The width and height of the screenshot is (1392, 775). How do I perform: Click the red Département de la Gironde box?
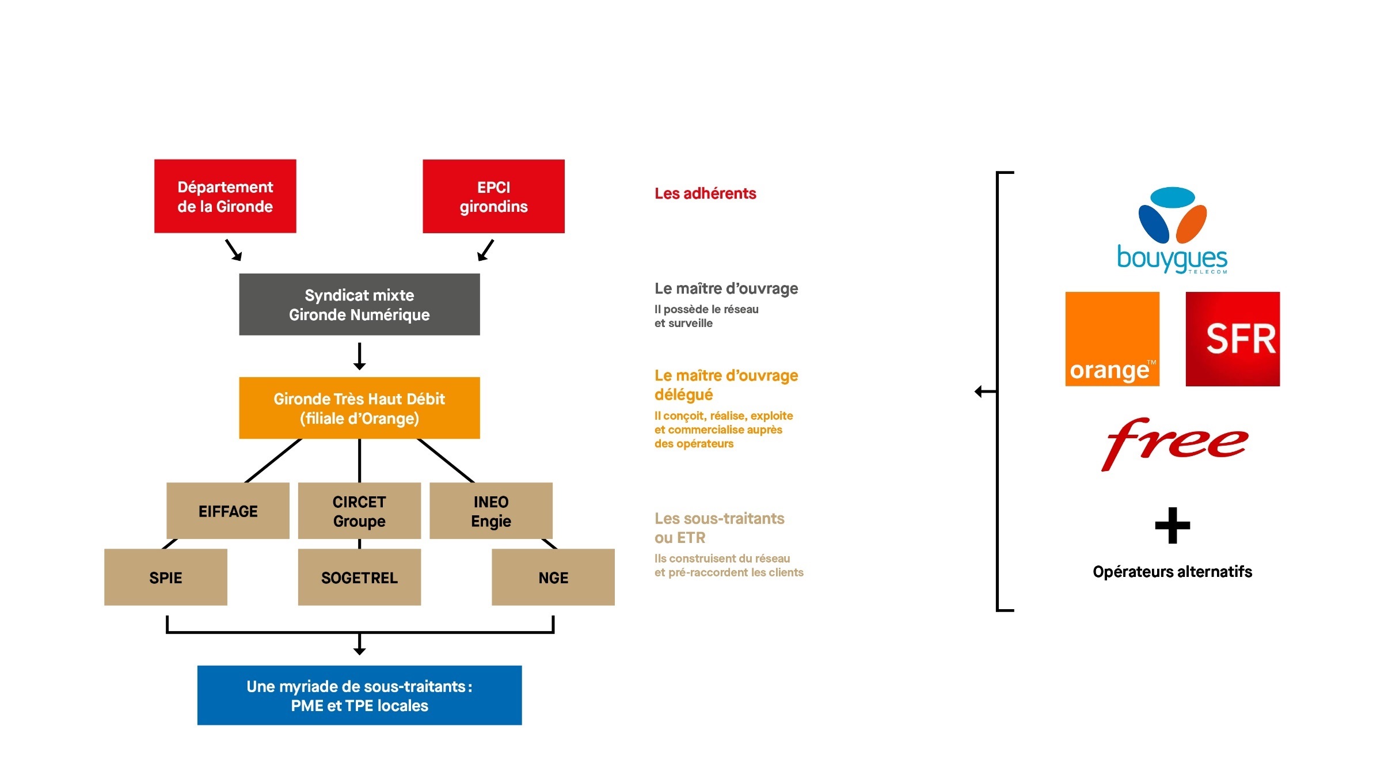225,196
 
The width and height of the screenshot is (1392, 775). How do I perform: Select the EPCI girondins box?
493,196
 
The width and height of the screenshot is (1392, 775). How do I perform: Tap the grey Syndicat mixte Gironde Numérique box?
359,305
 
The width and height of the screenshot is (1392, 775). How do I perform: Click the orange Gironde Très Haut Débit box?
359,408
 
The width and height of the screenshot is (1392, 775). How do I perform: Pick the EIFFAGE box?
228,511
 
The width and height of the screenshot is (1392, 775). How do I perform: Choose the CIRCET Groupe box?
359,511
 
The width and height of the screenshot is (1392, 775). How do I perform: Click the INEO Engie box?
491,511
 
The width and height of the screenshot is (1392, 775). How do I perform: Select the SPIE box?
166,577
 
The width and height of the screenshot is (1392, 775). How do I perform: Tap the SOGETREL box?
359,577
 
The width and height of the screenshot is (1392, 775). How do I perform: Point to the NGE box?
553,577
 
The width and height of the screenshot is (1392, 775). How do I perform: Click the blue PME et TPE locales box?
359,696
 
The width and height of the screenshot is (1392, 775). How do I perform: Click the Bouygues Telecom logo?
1172,230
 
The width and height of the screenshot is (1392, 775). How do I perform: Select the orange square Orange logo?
1112,339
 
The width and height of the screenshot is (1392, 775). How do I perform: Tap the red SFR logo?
1233,339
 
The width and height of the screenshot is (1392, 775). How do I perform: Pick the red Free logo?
1174,444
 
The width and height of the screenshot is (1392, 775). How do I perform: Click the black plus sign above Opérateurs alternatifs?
1173,525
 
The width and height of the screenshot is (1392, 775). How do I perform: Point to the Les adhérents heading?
705,193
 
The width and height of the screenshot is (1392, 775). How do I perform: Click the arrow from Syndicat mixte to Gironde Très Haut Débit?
359,356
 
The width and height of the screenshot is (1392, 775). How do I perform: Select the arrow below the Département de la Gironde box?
233,250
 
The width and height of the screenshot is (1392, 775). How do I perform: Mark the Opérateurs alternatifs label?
1172,572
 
